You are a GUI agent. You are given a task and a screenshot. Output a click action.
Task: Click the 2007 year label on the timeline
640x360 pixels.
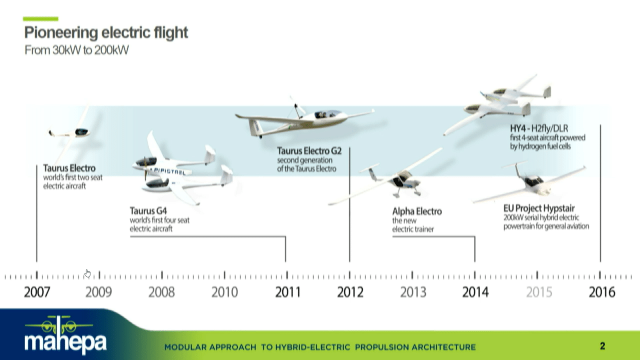point(37,292)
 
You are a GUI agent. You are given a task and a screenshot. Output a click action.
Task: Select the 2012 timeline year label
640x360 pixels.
point(350,292)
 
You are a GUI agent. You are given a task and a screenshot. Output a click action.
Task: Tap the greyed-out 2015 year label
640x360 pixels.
point(539,292)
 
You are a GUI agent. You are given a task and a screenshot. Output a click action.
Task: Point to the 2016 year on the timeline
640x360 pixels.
point(601,292)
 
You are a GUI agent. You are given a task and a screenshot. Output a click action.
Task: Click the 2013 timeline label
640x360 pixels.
point(413,292)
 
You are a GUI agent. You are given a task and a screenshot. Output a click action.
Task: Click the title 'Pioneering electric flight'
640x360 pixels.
point(106,32)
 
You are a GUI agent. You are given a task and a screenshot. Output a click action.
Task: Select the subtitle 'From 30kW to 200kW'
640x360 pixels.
point(76,50)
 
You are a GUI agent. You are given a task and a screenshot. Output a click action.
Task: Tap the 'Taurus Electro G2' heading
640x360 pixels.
point(309,150)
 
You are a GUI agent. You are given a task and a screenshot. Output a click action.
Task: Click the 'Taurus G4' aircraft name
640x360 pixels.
point(148,211)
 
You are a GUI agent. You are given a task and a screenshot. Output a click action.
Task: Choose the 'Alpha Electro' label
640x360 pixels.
point(417,211)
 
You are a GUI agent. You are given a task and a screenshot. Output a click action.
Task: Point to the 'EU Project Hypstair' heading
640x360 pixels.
point(539,208)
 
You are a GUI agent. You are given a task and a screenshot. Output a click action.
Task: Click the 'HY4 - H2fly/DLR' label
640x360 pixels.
point(539,128)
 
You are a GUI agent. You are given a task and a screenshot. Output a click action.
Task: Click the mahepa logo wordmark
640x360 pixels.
point(65,341)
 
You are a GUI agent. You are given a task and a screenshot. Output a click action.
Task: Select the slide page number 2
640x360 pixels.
point(602,346)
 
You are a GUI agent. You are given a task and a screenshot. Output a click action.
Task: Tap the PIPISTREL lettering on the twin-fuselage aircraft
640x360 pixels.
point(169,171)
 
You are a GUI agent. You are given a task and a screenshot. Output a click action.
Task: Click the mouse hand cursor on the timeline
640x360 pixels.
point(87,273)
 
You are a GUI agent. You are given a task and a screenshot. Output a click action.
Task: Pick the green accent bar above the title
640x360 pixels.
point(40,19)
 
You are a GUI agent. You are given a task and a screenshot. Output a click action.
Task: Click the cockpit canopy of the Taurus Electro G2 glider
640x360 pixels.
point(327,114)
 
